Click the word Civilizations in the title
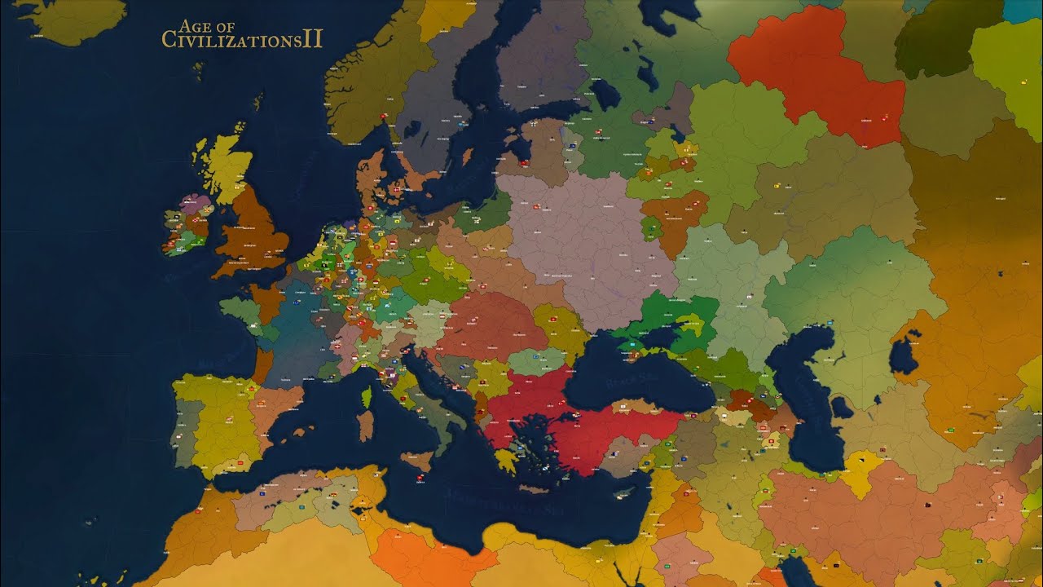coord(232,40)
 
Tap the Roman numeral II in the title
coord(313,39)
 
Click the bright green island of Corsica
coord(367,397)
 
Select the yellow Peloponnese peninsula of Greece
coord(506,461)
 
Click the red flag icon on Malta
coord(420,477)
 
